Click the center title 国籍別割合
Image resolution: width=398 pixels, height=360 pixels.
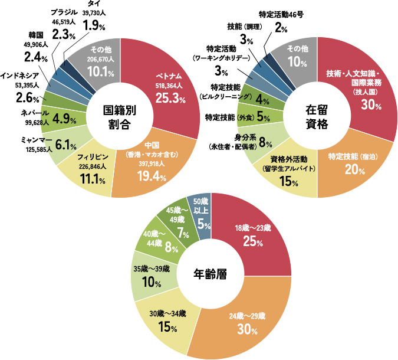(123, 117)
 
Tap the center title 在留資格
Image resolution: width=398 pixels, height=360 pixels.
(316, 117)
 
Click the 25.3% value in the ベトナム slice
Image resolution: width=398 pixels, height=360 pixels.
(170, 99)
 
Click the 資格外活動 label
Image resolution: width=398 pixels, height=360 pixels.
(290, 159)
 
